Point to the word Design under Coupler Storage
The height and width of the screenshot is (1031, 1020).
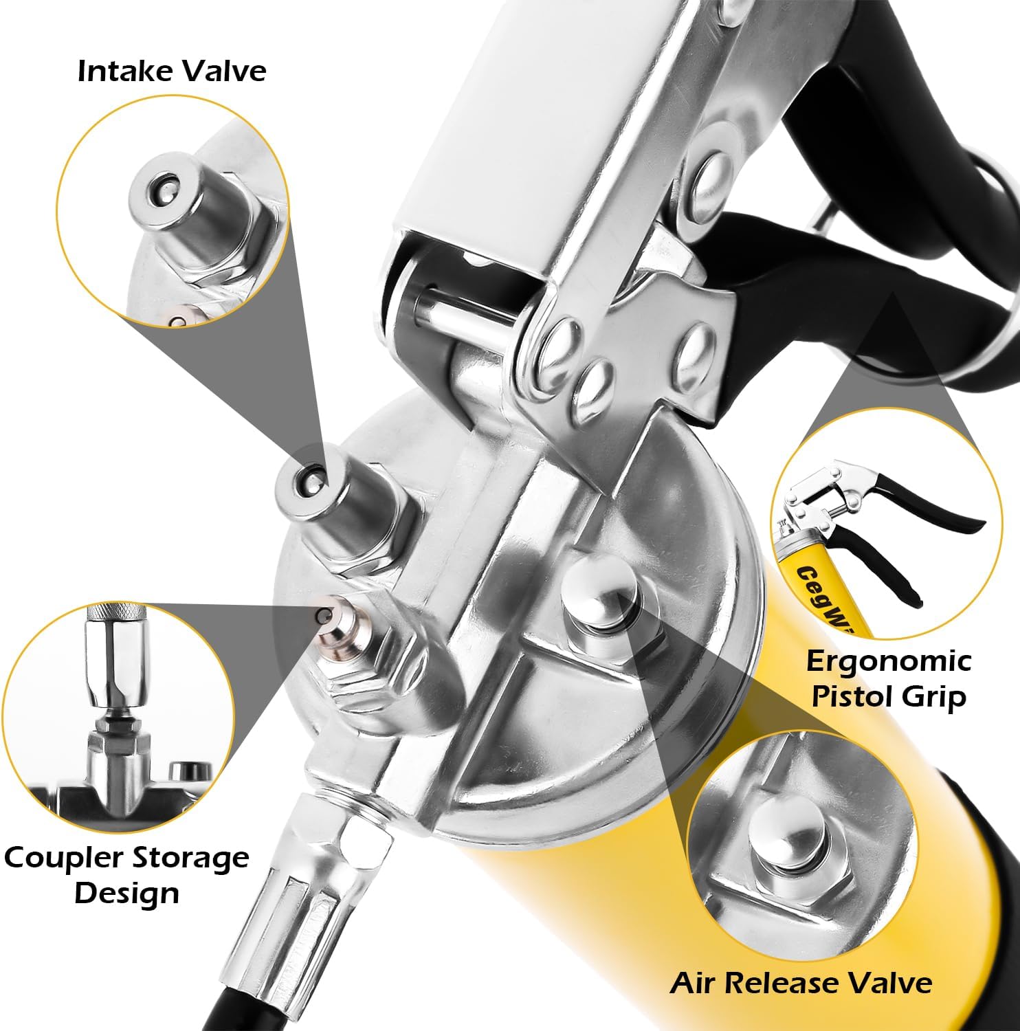pos(126,893)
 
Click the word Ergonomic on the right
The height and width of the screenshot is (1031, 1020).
pos(888,661)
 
